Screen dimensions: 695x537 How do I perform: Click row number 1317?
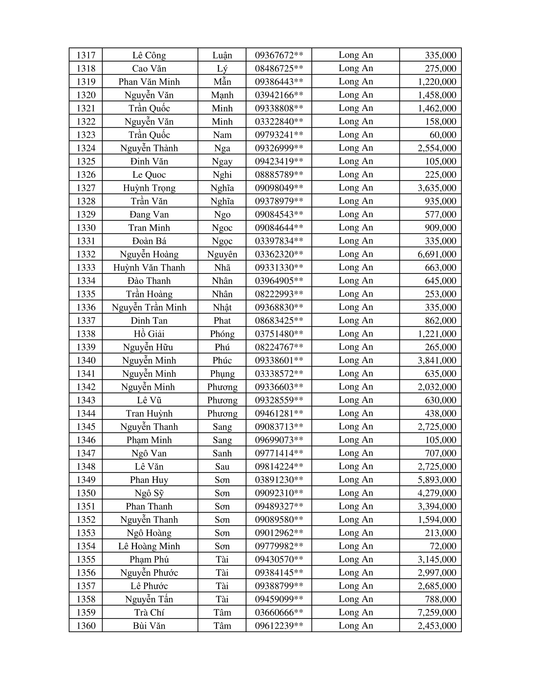pos(86,55)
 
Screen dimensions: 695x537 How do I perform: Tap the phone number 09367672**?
pos(279,55)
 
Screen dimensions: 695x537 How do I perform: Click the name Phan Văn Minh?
pos(149,82)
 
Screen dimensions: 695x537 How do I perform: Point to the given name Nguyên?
pos(222,254)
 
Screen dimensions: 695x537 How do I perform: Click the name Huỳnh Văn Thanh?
pos(149,267)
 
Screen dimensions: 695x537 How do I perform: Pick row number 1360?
pos(86,625)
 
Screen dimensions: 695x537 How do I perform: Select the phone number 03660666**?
pos(279,612)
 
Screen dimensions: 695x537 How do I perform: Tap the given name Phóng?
pos(222,334)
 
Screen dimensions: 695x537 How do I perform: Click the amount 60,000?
pos(443,135)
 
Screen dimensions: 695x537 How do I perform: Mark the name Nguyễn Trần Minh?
pos(149,307)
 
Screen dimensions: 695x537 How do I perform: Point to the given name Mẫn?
pos(222,82)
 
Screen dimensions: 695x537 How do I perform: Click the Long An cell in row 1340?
pos(355,360)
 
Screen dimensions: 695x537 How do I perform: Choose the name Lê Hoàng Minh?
pos(149,546)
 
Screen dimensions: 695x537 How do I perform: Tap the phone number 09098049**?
pos(279,188)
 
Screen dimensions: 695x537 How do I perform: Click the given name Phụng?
pos(222,374)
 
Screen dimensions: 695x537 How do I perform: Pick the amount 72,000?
pos(443,546)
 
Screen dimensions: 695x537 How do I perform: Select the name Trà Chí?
pos(149,612)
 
